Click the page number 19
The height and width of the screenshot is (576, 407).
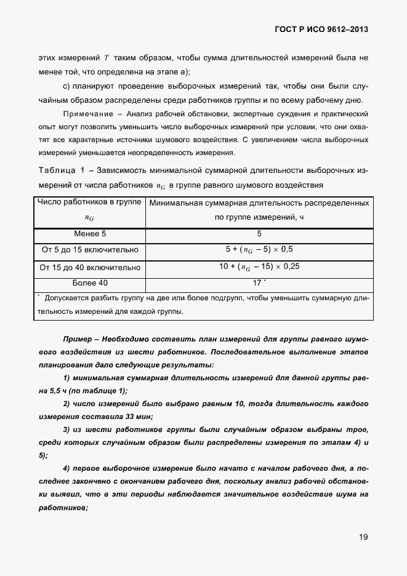(x=363, y=537)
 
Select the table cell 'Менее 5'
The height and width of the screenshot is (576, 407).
(x=89, y=234)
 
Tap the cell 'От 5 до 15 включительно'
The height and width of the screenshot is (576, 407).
(x=89, y=250)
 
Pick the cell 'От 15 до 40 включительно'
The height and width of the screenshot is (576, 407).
(x=89, y=268)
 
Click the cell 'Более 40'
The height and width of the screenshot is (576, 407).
(x=89, y=283)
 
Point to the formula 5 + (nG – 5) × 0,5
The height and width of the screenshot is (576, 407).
(x=259, y=250)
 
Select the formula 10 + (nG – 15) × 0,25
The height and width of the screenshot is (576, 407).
(x=259, y=268)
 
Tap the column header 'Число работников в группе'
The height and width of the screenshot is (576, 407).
(x=89, y=202)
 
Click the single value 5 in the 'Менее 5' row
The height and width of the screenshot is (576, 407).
(x=259, y=234)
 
